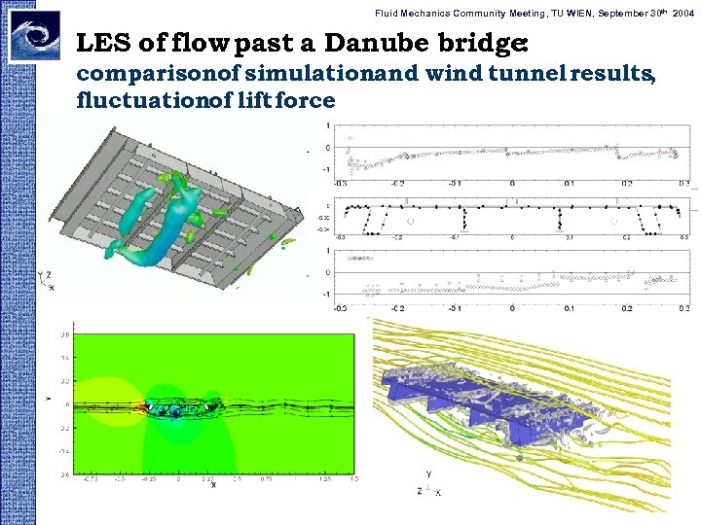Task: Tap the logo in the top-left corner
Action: point(34,36)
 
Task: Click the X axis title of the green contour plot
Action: point(212,486)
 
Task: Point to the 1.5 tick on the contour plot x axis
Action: point(353,478)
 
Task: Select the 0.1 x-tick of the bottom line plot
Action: point(570,308)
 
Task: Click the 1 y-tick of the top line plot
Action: point(328,124)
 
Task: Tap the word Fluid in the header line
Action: point(388,12)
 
